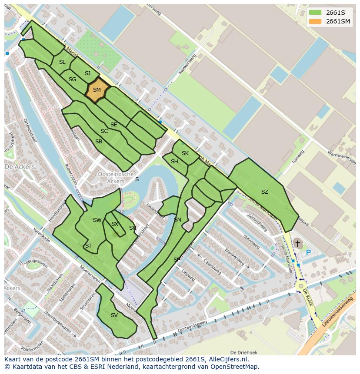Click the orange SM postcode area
[97, 90]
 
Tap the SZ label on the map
[264, 192]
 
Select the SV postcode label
[114, 315]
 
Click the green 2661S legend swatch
[316, 12]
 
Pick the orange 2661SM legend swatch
[316, 21]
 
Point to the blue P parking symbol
[308, 252]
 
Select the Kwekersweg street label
[188, 64]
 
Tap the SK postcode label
[185, 153]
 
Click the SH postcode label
[174, 162]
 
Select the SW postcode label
[97, 220]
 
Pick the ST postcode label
[88, 246]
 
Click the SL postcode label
[62, 62]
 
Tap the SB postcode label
[99, 142]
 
